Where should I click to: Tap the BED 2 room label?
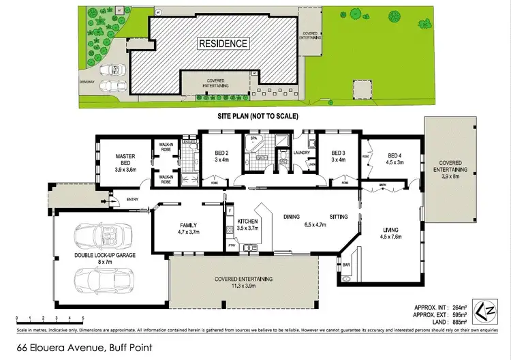[x=213, y=153]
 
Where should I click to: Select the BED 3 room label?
[x=339, y=153]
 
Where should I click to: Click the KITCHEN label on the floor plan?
[x=247, y=222]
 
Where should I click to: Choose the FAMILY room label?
[x=188, y=224]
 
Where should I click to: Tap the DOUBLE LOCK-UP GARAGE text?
[x=105, y=255]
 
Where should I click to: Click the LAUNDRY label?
[x=302, y=153]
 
